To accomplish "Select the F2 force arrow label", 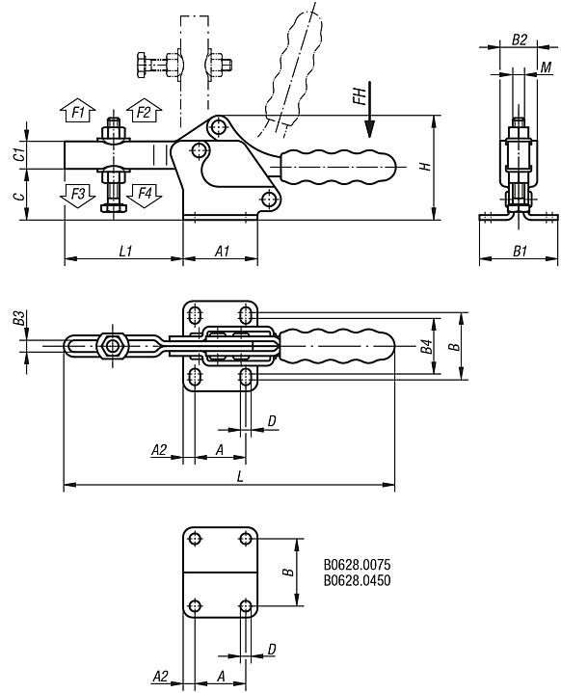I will click(144, 113).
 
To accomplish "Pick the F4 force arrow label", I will click(144, 194).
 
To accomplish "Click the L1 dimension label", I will click(125, 251).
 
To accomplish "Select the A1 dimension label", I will click(221, 251).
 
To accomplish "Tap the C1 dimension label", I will click(18, 154).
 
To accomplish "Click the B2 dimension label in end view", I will click(519, 40).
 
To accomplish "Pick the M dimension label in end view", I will click(545, 67).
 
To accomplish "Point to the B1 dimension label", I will click(519, 251).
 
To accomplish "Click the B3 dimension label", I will click(18, 318).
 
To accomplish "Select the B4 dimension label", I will click(426, 346).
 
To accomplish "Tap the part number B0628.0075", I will click(363, 565).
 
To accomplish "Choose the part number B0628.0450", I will click(363, 579).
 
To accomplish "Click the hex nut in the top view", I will click(114, 346).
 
